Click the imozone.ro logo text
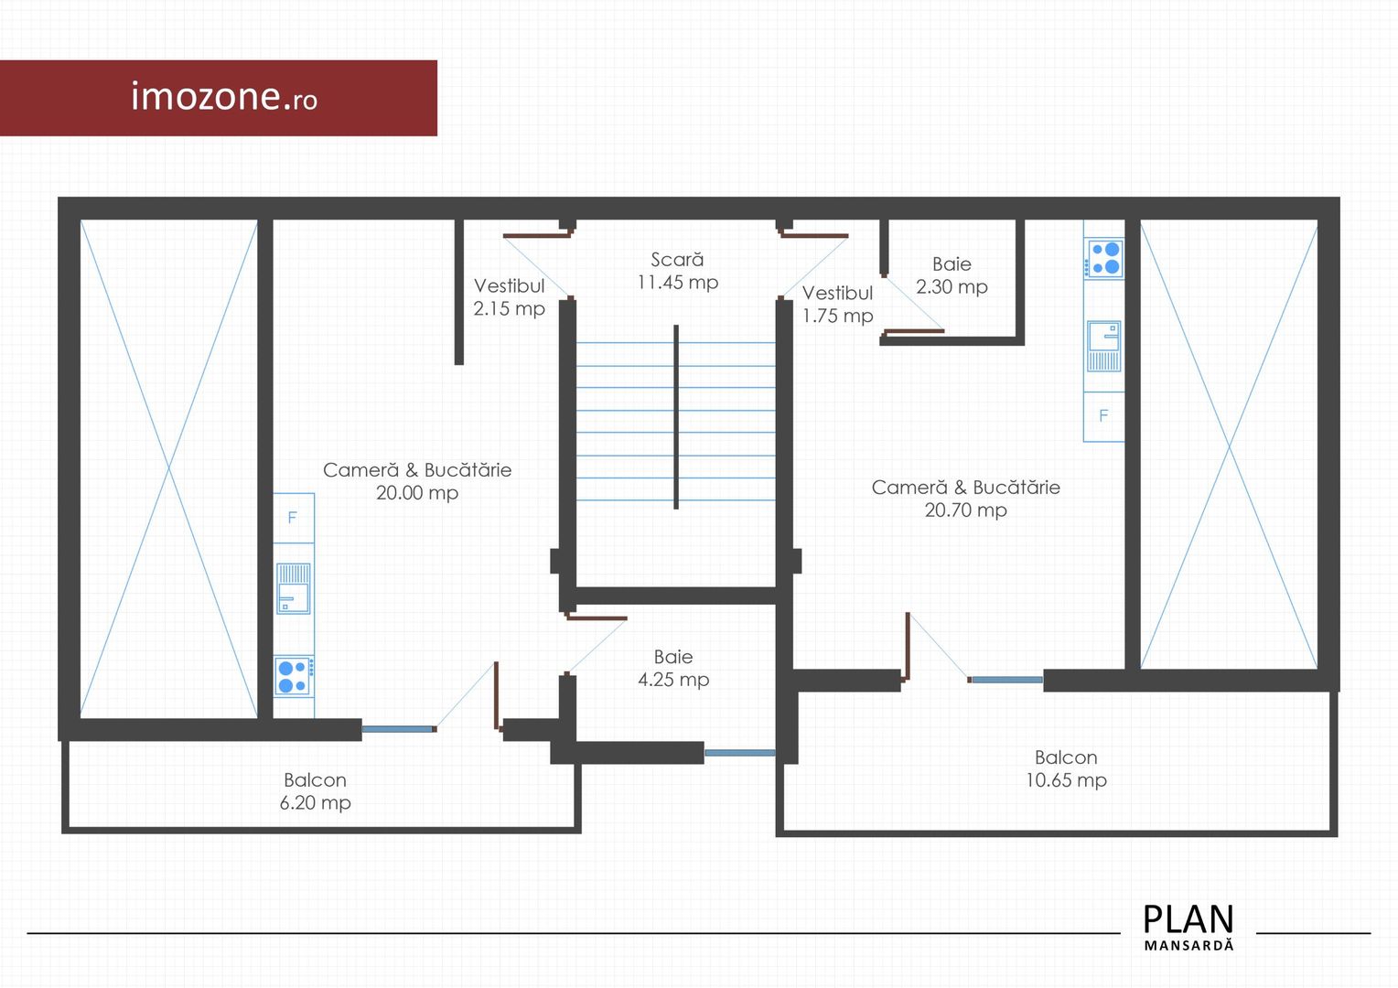coord(224,97)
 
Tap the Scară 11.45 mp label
coord(677,271)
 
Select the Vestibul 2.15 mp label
coord(509,297)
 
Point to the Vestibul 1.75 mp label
coord(837,305)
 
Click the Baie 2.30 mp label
coord(952,275)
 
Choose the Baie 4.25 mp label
coord(673,668)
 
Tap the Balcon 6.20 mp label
coord(315,790)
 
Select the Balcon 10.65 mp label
coord(1066,768)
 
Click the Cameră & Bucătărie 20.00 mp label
coord(417,481)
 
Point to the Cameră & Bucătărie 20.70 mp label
coord(965,499)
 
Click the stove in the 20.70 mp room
coord(1103,258)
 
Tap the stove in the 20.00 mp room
coord(294,677)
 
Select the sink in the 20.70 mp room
coord(1103,347)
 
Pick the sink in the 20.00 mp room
coord(294,589)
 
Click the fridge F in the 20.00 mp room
coord(294,518)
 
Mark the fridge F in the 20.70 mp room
coord(1103,417)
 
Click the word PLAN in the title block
coord(1188,919)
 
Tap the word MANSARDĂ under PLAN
coord(1188,946)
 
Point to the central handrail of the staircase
coord(676,417)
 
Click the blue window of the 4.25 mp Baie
coord(740,753)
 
